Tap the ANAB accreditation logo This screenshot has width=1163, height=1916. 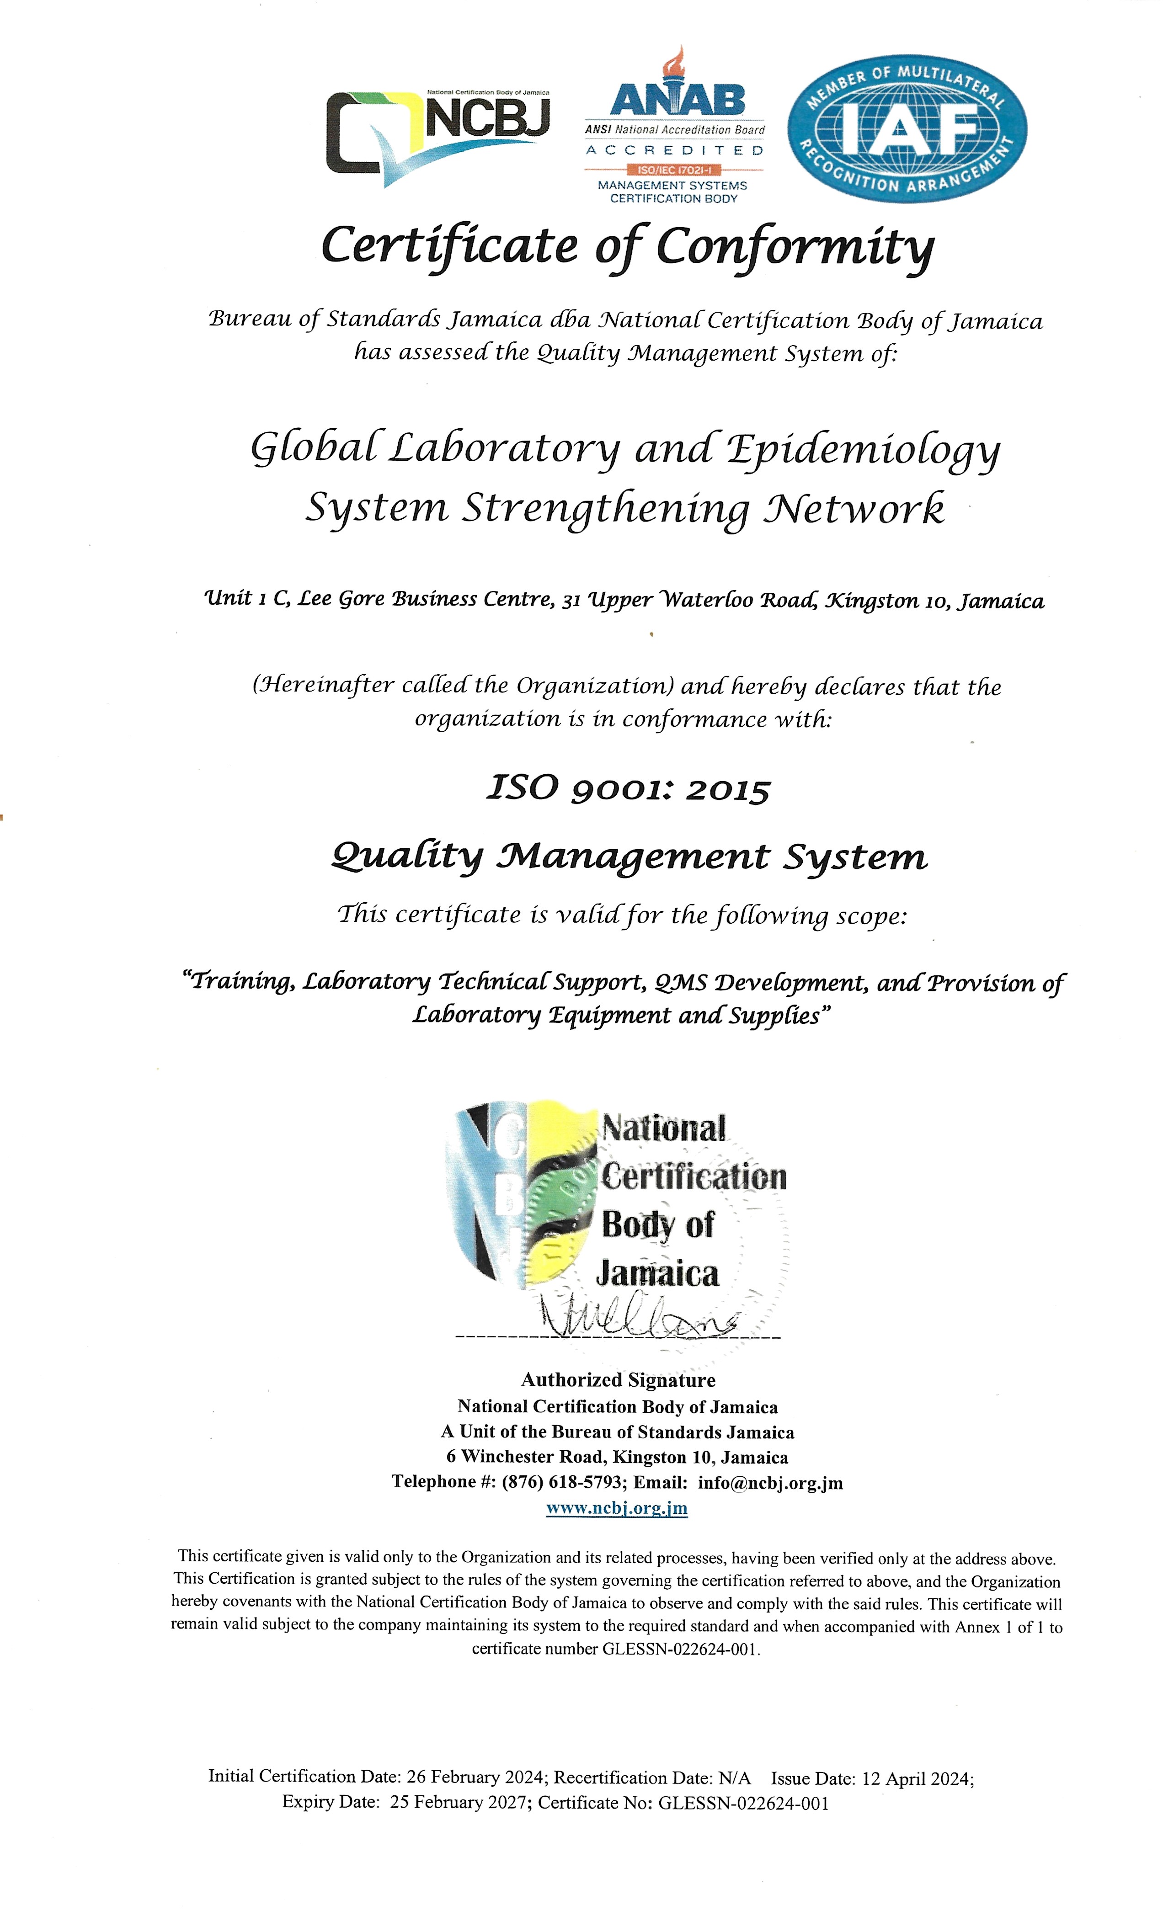pyautogui.click(x=674, y=128)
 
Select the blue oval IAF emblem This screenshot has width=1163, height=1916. pyautogui.click(x=906, y=128)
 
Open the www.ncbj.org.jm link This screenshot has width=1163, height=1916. pyautogui.click(x=616, y=1508)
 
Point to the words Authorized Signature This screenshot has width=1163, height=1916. pyautogui.click(x=618, y=1379)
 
